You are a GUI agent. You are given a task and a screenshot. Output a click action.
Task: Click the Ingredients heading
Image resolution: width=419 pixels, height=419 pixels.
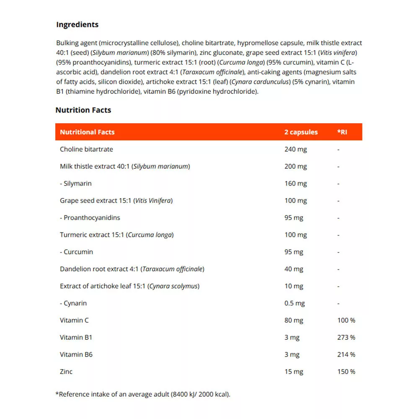(77, 25)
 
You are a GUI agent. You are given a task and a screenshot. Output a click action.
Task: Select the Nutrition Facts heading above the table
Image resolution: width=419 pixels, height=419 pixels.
(83, 110)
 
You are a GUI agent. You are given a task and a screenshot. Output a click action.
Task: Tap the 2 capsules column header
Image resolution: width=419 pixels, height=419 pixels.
(301, 132)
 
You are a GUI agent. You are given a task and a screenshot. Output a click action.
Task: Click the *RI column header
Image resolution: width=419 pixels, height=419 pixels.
(342, 132)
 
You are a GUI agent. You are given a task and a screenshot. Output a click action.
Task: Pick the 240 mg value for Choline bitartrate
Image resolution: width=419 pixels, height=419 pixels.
(295, 149)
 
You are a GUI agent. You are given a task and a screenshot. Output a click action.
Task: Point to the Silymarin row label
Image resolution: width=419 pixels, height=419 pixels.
(76, 184)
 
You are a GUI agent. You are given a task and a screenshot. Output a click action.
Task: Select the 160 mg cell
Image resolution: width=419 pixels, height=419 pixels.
(295, 184)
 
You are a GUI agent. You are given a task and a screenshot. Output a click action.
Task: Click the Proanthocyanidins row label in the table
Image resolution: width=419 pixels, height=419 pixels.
(90, 217)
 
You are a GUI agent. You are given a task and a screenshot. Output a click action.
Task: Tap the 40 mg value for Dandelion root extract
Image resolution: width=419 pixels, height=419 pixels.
(294, 269)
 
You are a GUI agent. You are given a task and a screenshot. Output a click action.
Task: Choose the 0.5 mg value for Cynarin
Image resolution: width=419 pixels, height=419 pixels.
(295, 303)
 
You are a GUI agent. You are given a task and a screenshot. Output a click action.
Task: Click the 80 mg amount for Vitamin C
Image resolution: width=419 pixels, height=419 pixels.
(294, 321)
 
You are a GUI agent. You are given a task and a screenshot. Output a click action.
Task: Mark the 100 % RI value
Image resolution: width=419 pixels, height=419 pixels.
(346, 321)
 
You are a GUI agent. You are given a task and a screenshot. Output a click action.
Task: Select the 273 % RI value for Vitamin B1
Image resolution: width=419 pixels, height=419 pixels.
(346, 337)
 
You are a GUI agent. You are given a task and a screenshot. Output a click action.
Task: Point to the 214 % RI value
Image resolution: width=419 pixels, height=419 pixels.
(346, 354)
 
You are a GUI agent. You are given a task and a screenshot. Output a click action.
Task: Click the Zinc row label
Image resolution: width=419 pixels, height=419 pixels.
(66, 372)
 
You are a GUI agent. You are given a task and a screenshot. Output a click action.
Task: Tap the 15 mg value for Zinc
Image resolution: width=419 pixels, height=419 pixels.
(294, 372)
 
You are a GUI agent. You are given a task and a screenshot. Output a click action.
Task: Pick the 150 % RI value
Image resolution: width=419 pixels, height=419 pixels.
(346, 372)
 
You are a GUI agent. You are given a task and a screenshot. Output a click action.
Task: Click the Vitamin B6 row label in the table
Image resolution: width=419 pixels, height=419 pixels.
(76, 354)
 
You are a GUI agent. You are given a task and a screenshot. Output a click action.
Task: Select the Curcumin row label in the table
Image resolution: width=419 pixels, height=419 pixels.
(77, 252)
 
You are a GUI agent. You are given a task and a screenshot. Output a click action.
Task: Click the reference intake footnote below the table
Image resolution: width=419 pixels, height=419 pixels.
(143, 394)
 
